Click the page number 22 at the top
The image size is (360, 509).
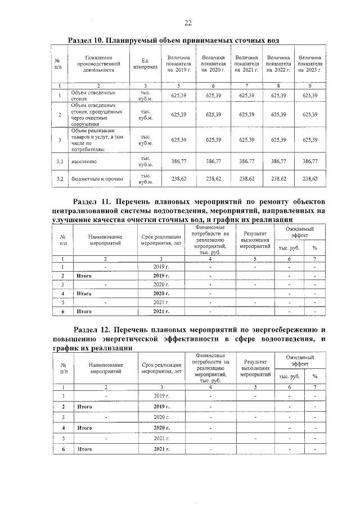(x=188, y=22)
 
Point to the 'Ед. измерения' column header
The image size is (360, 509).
(x=145, y=64)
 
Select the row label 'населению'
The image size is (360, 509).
(x=84, y=161)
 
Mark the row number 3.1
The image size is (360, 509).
(x=59, y=161)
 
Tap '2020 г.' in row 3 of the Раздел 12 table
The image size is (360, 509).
(x=161, y=417)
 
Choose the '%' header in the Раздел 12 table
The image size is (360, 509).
(x=314, y=376)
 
